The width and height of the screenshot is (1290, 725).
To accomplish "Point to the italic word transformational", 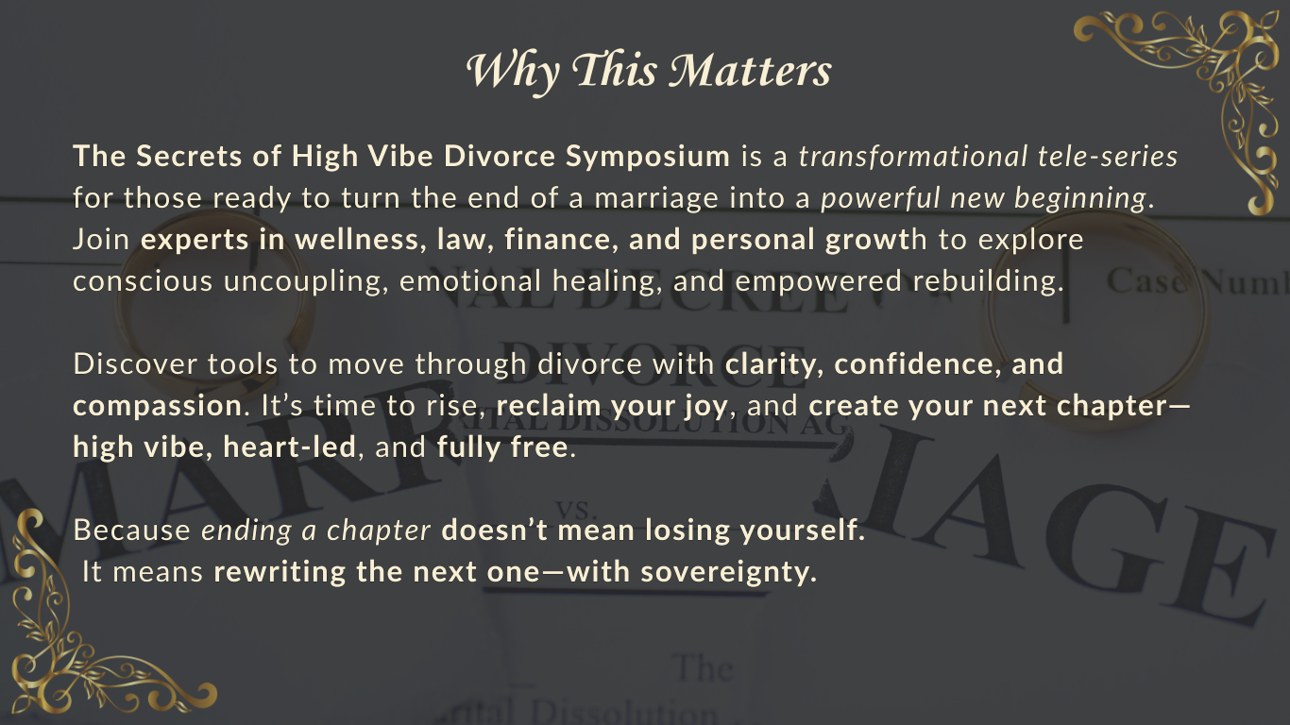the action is coord(913,157).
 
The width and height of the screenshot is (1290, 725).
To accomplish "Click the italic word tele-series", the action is coord(1108,157).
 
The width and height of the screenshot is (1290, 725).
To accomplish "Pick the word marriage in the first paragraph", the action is coord(656,199).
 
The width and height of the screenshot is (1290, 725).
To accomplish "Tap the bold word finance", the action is coord(557,240).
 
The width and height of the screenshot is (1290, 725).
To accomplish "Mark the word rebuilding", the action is coord(988,282).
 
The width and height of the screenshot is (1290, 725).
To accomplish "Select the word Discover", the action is coord(135,364).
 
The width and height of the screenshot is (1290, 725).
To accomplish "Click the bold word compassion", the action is coord(157,407).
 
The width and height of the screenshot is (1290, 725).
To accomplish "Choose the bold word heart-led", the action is coord(290,447).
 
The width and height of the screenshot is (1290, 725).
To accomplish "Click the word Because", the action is coord(131,531).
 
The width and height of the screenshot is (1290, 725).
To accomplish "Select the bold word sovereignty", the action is coord(728,572).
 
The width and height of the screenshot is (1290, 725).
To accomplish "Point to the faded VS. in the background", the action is coord(572,510).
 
